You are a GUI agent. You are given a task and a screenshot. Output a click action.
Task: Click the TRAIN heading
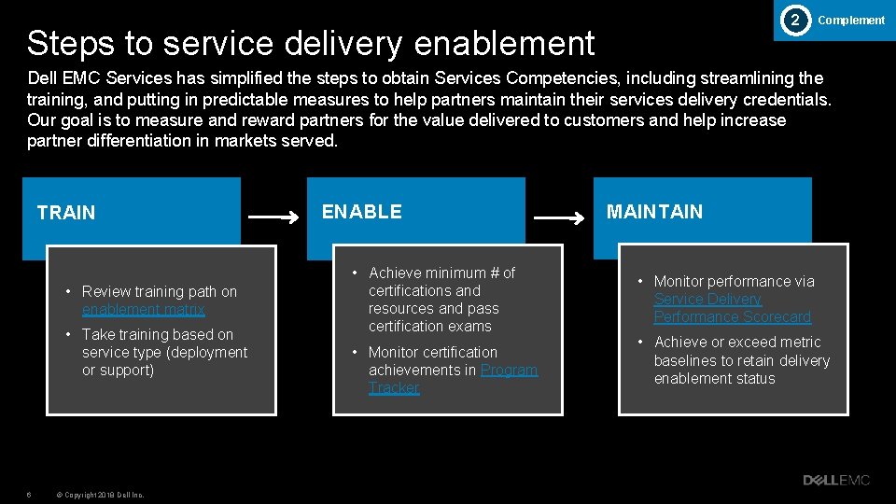(x=66, y=213)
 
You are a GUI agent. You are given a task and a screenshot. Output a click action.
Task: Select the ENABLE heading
(x=362, y=212)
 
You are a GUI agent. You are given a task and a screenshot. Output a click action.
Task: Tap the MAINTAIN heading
(x=654, y=212)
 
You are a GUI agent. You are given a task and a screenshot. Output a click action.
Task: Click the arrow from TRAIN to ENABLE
(x=274, y=218)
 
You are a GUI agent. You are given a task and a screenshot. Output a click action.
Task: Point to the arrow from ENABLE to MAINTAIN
(x=559, y=218)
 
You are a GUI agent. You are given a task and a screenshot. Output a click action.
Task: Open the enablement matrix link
(x=144, y=310)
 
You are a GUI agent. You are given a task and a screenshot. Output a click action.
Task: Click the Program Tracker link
(x=453, y=379)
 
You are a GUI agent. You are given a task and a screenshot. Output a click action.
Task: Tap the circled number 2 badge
(x=794, y=20)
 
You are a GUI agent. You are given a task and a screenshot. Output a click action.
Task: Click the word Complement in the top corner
(x=851, y=21)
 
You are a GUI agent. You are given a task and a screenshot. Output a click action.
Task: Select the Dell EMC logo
(x=836, y=480)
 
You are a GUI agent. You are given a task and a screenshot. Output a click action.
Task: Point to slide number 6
(x=29, y=495)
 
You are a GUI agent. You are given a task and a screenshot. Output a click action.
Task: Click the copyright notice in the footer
(x=100, y=495)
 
